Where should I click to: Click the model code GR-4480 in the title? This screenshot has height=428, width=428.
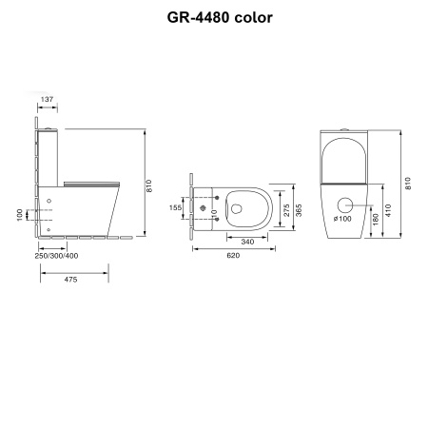[x=186, y=17]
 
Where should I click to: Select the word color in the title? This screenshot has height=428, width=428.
[x=251, y=17]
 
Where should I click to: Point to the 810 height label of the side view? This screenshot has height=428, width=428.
[x=150, y=188]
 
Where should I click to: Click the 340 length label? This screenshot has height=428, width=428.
[x=246, y=241]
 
